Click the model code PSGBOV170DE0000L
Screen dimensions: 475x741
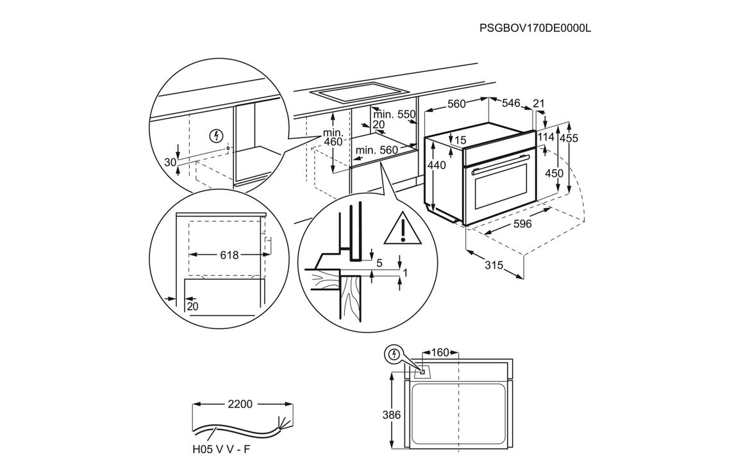[x=534, y=28]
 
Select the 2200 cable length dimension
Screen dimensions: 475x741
[x=239, y=404]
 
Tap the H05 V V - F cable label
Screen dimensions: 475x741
[x=221, y=449]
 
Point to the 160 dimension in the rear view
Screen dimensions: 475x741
[x=440, y=352]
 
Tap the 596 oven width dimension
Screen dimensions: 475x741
[x=522, y=224]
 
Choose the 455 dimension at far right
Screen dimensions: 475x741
[x=569, y=138]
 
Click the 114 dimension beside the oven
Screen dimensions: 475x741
[x=545, y=137]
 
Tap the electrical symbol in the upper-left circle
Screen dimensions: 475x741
[x=217, y=136]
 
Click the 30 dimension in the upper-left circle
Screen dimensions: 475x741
[x=170, y=163]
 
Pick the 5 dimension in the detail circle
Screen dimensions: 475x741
[x=379, y=262]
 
